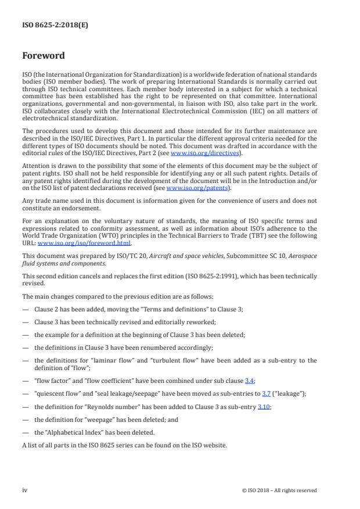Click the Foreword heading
[44, 56]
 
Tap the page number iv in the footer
[25, 490]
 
